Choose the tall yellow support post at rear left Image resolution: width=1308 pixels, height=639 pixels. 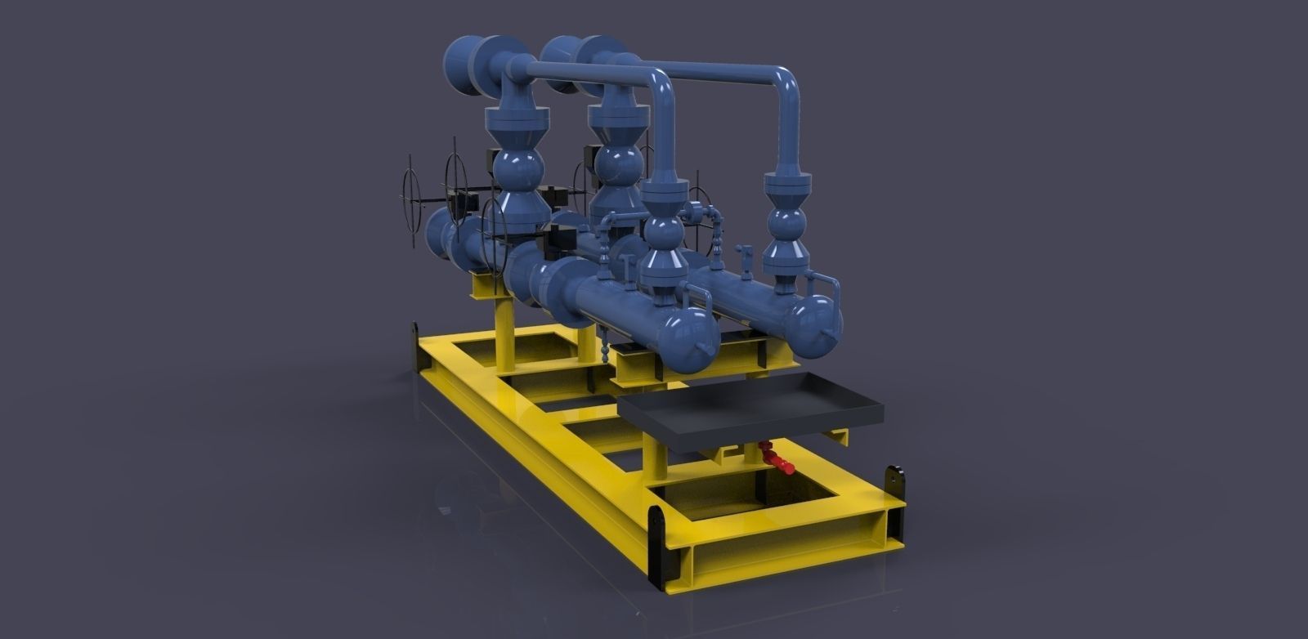pyautogui.click(x=504, y=327)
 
